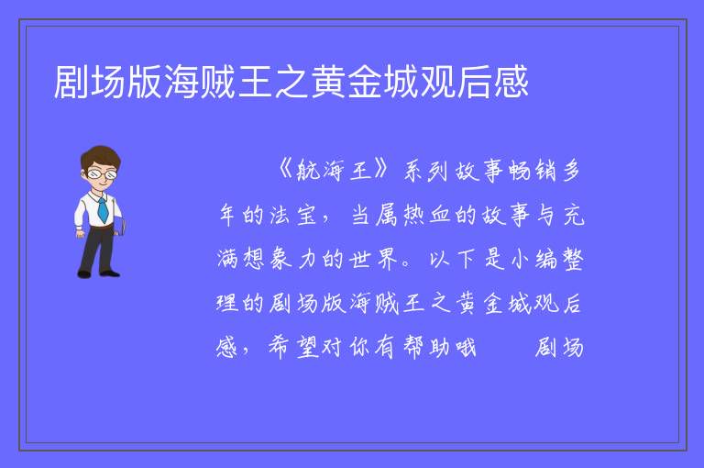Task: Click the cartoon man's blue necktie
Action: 103,209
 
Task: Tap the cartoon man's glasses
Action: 103,173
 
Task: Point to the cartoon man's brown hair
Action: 101,157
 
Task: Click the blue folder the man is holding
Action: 119,226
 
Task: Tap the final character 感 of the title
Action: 511,82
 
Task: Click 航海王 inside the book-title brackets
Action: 335,171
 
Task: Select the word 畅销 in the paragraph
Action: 533,171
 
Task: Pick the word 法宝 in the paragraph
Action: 293,215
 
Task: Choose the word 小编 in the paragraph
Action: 533,259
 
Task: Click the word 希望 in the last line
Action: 293,347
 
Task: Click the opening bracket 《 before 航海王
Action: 284,171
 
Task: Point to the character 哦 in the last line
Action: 465,347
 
